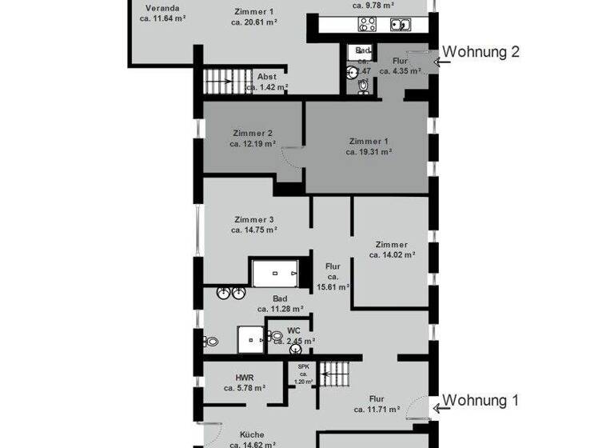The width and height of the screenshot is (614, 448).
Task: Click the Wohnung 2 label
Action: (481, 52)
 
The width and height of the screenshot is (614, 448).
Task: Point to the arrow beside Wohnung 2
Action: (435, 58)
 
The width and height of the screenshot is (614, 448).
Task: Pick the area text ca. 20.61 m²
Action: (254, 23)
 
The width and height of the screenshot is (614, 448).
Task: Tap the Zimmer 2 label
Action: (253, 133)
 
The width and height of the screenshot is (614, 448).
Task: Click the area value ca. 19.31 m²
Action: (369, 151)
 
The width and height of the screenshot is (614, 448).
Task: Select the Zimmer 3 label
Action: (254, 220)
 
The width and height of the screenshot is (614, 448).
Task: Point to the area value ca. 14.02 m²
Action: (392, 255)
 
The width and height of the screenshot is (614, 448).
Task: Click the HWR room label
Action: (245, 377)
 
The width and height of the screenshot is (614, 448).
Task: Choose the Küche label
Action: (252, 434)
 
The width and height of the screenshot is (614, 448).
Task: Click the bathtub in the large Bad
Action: (276, 273)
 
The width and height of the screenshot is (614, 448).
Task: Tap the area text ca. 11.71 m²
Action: (377, 410)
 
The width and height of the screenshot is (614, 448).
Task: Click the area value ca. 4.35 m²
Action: (401, 70)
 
